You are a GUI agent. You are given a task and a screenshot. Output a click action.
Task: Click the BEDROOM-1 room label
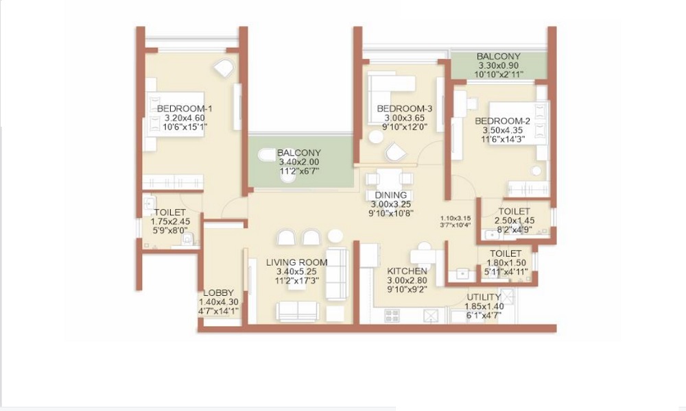pyautogui.click(x=184, y=109)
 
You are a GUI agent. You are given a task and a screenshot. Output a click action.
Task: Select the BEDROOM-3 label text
pyautogui.click(x=405, y=109)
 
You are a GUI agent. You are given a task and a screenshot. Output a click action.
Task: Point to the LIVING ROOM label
pyautogui.click(x=297, y=262)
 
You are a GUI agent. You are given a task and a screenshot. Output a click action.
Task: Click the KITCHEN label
pyautogui.click(x=407, y=271)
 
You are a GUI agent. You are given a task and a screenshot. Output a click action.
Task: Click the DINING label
pyautogui.click(x=390, y=195)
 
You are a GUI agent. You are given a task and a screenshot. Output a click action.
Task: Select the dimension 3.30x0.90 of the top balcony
pyautogui.click(x=499, y=66)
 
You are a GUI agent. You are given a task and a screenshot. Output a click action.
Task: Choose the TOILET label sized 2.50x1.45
pyautogui.click(x=514, y=211)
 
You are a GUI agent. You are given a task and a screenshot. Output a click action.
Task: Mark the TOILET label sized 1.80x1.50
pyautogui.click(x=506, y=253)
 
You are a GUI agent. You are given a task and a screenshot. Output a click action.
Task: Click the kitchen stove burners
pyautogui.click(x=392, y=316)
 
